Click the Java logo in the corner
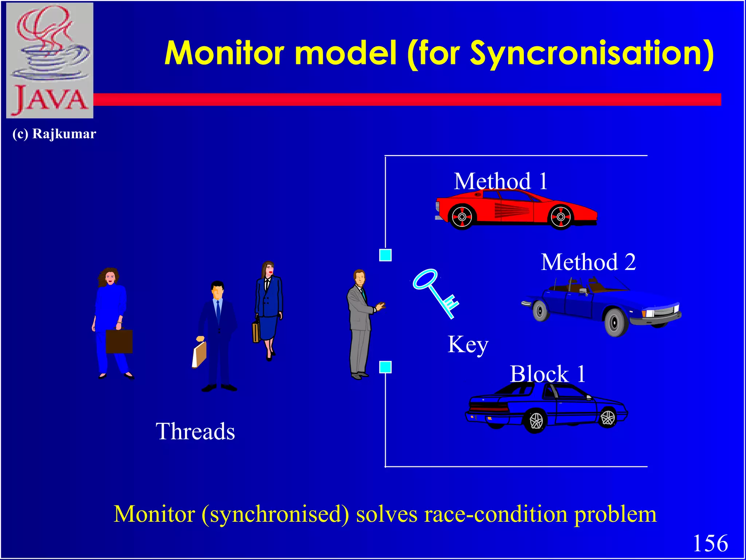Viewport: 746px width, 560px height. [50, 60]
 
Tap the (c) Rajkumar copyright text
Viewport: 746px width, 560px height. [54, 134]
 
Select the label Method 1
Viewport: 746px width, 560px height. [501, 181]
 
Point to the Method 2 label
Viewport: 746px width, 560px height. [588, 262]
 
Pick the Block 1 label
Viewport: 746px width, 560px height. [547, 374]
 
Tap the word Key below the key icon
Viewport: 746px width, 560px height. [468, 345]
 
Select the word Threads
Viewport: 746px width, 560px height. [195, 432]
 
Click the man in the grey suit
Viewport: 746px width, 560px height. [361, 324]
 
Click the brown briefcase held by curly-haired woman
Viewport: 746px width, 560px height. [119, 341]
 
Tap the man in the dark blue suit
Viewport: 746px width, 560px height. [218, 335]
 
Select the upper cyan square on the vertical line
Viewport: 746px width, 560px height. [385, 255]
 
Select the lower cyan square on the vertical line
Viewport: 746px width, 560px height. [385, 367]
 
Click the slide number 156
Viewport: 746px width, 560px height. [710, 543]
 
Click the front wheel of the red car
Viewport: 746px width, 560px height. [561, 217]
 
